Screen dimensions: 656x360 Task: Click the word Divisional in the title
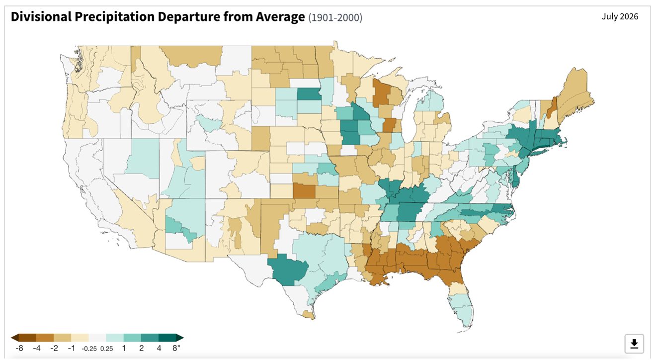(41, 17)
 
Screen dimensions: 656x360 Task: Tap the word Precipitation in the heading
(114, 17)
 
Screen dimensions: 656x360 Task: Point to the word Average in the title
(280, 17)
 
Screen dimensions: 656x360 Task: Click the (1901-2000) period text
(335, 17)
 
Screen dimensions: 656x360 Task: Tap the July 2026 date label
(620, 16)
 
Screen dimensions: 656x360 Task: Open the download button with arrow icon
(634, 344)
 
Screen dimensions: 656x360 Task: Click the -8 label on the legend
(19, 348)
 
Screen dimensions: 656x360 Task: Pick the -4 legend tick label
(37, 348)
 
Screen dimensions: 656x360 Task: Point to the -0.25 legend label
(89, 349)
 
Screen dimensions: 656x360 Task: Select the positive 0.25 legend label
(106, 349)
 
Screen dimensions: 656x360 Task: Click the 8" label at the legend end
(176, 348)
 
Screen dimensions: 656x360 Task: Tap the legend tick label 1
(124, 348)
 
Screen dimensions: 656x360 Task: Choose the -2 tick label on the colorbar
(54, 348)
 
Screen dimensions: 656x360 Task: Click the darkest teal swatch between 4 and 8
(167, 338)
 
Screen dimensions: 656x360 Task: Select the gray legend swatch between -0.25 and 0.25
(97, 338)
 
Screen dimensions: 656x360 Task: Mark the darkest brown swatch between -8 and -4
(27, 338)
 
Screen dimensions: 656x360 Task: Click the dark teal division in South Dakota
(309, 94)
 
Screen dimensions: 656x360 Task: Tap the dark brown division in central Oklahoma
(304, 191)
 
